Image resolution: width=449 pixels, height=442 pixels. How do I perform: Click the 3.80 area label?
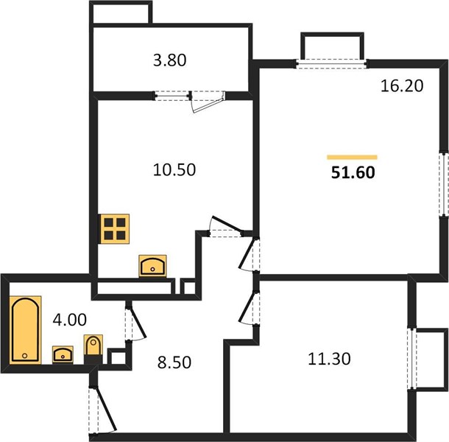pos(170,60)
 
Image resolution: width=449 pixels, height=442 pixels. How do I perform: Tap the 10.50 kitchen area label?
pos(174,169)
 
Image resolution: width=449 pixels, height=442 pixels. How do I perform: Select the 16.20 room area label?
pos(402,85)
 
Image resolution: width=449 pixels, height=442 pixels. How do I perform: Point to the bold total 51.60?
pos(353,172)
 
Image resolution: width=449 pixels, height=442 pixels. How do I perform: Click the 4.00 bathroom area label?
pos(70,320)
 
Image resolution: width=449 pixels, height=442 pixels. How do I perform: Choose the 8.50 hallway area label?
pos(174,362)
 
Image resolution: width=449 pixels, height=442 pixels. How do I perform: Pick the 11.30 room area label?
pos(329,359)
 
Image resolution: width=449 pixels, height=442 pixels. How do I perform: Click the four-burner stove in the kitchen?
pos(115,229)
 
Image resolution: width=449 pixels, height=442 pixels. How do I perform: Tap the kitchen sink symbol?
pos(152,266)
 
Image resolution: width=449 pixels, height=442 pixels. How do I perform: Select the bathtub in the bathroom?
pos(25,330)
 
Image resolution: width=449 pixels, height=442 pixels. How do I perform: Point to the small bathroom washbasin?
pos(63,354)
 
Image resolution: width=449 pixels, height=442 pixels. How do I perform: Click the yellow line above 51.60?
pos(353,157)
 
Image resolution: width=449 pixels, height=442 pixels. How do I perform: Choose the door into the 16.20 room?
pos(249,254)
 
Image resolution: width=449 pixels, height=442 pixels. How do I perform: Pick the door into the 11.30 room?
pos(249,308)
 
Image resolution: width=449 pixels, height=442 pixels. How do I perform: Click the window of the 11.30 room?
pos(412,359)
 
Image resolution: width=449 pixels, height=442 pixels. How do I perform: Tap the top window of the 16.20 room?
pos(331,63)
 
